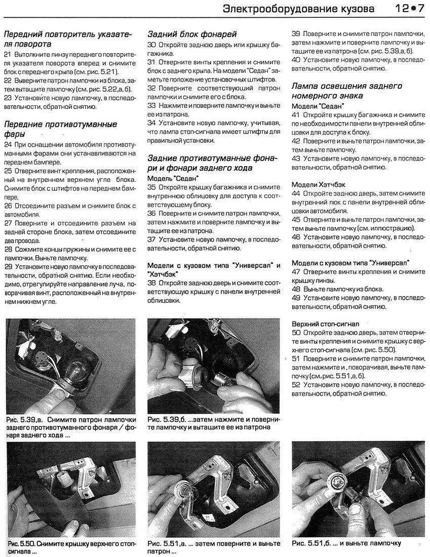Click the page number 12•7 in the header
406,9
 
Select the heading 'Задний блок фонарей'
192,34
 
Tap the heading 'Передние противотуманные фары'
60,129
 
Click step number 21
8,54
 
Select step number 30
151,45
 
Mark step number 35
151,187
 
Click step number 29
8,266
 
